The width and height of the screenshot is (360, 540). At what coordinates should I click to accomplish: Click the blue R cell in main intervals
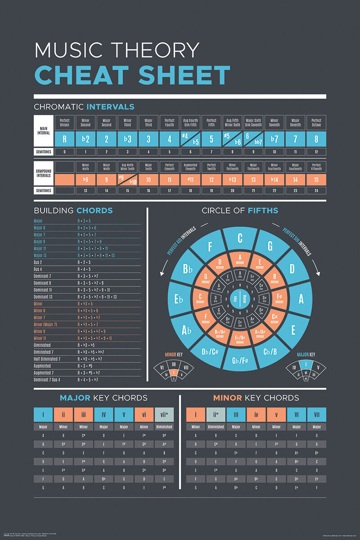(64, 139)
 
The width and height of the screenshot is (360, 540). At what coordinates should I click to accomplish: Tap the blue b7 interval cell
(274, 139)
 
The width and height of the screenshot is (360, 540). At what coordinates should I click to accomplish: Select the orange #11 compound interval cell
(190, 180)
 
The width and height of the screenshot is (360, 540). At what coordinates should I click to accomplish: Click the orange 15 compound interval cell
(316, 180)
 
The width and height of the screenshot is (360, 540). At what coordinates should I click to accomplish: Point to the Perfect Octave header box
(316, 122)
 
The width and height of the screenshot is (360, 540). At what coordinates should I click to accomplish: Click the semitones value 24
(316, 191)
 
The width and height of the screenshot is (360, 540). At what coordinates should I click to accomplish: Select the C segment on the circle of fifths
(240, 238)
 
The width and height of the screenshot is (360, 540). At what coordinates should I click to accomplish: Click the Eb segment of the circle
(179, 299)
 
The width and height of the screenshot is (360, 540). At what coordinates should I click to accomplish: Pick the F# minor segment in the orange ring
(279, 299)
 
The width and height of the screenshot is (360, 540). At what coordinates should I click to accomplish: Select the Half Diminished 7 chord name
(47, 359)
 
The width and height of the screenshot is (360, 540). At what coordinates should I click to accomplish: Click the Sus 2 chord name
(38, 262)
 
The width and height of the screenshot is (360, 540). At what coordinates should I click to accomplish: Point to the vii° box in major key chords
(164, 414)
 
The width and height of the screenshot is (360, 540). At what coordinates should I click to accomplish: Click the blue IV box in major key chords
(103, 414)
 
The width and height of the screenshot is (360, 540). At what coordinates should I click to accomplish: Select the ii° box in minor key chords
(216, 414)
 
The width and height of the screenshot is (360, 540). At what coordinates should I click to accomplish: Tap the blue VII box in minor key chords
(316, 414)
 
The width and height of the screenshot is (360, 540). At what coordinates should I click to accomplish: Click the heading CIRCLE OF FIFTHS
(240, 211)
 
